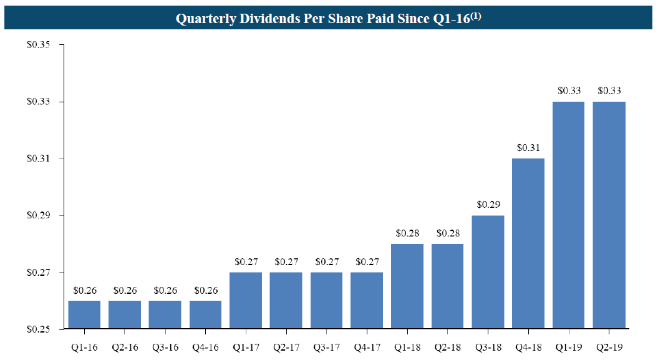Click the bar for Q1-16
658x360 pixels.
pyautogui.click(x=84, y=314)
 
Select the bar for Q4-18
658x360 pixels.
pyautogui.click(x=528, y=243)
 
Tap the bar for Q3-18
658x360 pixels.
pyautogui.click(x=488, y=272)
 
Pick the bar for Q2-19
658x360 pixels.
pyautogui.click(x=609, y=215)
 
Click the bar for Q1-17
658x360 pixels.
pyautogui.click(x=246, y=300)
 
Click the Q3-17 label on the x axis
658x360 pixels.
pyautogui.click(x=326, y=346)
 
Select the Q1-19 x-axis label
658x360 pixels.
pyautogui.click(x=569, y=346)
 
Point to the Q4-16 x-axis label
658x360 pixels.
pyautogui.click(x=205, y=346)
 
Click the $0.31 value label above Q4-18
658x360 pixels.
pyautogui.click(x=528, y=148)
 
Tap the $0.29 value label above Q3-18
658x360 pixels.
pyautogui.click(x=488, y=204)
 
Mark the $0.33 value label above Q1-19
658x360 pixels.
pyautogui.click(x=569, y=90)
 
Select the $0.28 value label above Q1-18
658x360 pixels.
pyautogui.click(x=407, y=233)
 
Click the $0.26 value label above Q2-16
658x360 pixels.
pyautogui.click(x=125, y=290)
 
